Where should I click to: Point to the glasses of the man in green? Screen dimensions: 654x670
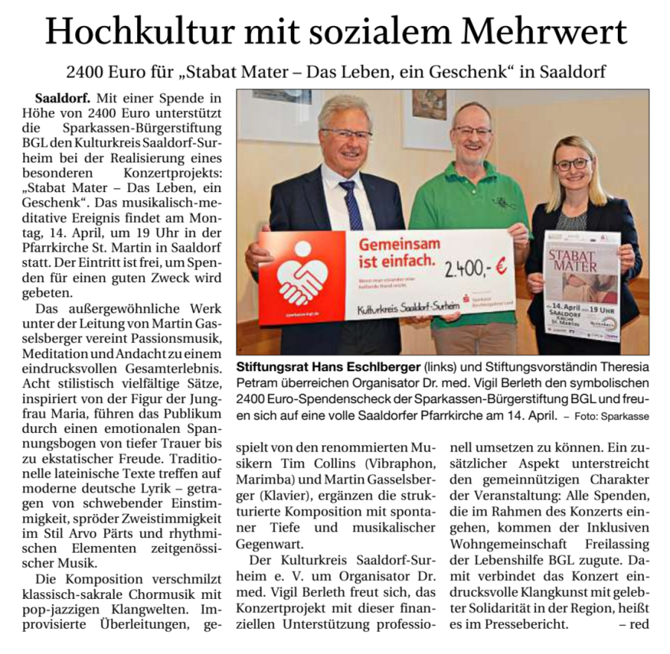click(x=472, y=131)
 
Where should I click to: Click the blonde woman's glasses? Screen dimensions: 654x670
click(x=571, y=163)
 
